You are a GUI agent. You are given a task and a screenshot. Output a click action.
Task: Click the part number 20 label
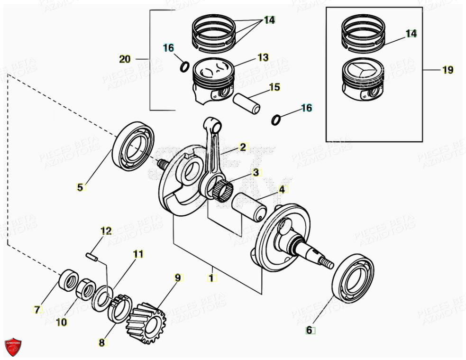(125, 59)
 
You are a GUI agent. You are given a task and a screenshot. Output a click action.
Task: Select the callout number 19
(448, 70)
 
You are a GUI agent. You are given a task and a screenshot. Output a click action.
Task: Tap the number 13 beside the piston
(263, 57)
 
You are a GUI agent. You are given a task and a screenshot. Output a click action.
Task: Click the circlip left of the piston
(184, 67)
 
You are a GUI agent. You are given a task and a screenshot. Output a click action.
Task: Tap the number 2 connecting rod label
(243, 147)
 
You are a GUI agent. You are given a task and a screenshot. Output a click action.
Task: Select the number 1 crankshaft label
(211, 278)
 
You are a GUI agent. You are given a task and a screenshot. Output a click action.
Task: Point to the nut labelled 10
(87, 288)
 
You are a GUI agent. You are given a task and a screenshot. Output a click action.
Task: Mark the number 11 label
(138, 254)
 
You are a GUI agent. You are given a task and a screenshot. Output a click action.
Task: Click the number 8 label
(102, 342)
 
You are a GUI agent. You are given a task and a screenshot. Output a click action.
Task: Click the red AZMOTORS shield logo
(13, 346)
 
